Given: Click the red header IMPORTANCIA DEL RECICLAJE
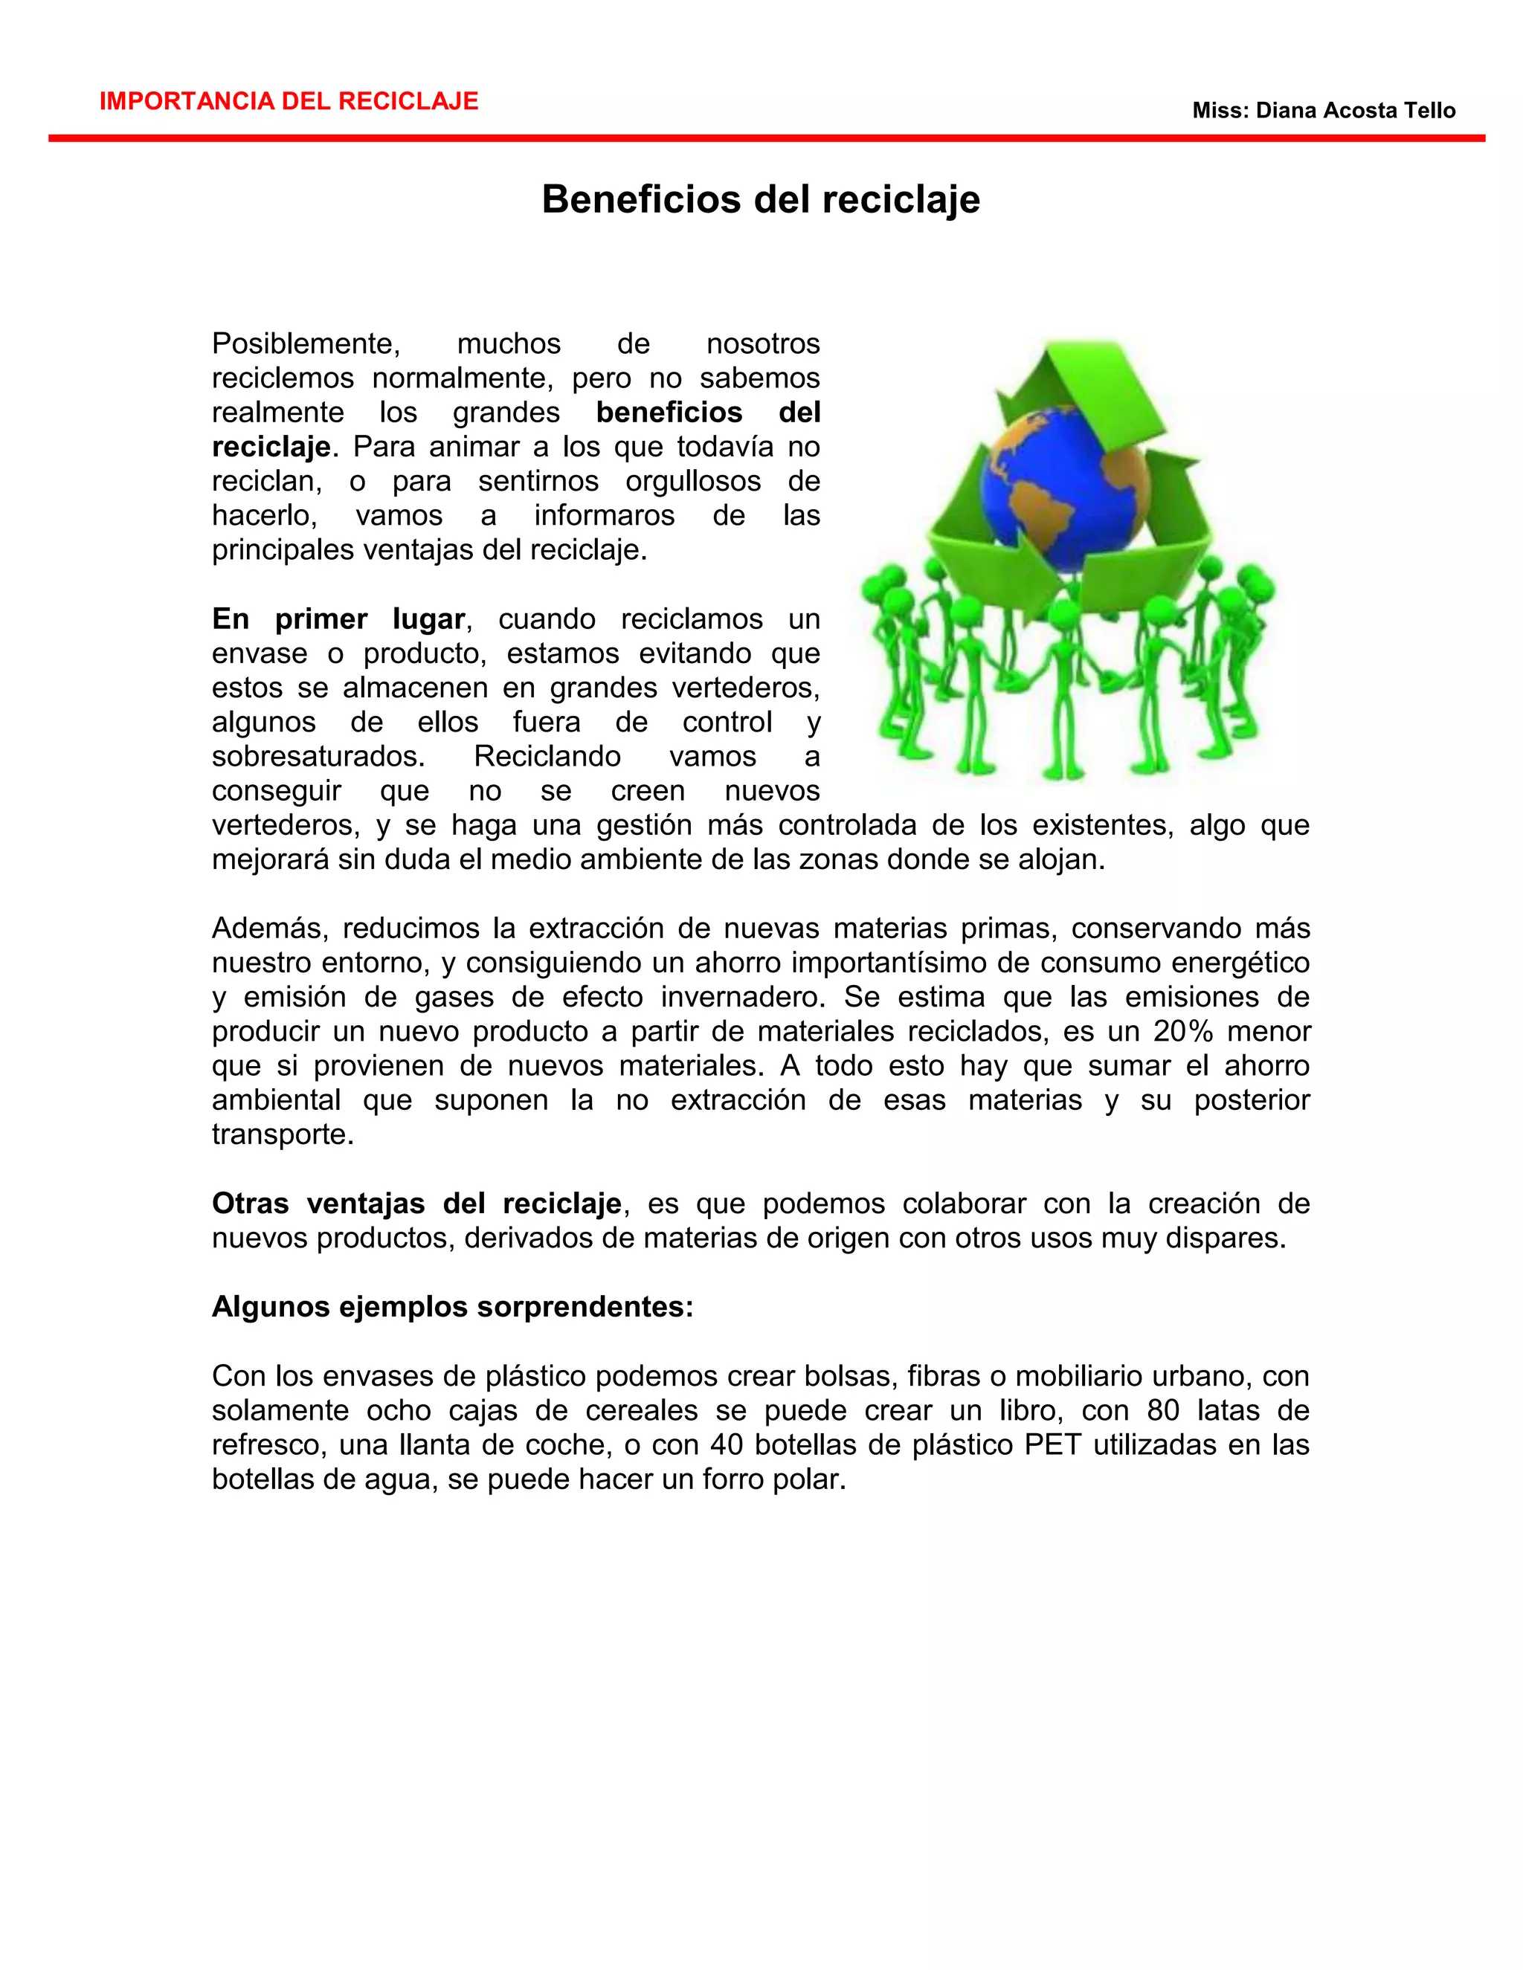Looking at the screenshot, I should pos(289,101).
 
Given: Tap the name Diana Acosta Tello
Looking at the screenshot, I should pos(1355,111).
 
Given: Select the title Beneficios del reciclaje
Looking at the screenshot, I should pos(761,198).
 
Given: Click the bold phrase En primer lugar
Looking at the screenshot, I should pos(338,619).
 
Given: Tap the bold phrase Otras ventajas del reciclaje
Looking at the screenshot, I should pos(416,1204).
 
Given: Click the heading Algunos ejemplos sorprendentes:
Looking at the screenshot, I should pos(452,1306).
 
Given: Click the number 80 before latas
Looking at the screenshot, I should pos(1164,1409).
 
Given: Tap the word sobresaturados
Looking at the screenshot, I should pos(318,756).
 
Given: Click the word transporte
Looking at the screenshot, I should pos(283,1134).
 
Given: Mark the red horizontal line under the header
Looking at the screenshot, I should pos(766,138).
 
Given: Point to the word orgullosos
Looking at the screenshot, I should pos(693,481).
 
